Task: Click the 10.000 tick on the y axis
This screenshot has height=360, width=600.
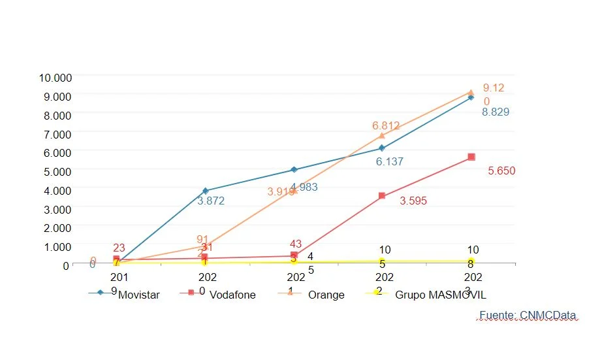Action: click(x=55, y=78)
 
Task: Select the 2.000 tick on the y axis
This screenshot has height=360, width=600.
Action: click(x=58, y=227)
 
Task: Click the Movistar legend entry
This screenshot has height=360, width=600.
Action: click(x=138, y=295)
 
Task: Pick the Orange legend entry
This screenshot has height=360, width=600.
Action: click(x=326, y=295)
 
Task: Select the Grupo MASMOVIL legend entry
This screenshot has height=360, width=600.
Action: click(x=440, y=295)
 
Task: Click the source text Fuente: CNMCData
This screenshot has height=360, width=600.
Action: click(x=528, y=316)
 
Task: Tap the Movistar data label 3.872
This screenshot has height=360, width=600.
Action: click(x=211, y=201)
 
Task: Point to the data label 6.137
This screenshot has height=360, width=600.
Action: click(x=389, y=161)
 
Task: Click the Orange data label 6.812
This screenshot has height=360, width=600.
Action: click(x=386, y=125)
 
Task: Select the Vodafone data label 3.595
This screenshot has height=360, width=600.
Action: click(x=413, y=201)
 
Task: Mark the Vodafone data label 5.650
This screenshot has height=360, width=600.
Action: click(x=502, y=171)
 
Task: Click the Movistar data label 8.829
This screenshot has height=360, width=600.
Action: click(x=496, y=112)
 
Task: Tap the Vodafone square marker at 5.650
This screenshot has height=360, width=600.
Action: click(x=471, y=157)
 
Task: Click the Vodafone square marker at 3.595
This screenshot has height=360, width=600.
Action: click(x=382, y=196)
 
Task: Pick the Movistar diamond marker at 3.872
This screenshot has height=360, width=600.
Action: click(x=206, y=191)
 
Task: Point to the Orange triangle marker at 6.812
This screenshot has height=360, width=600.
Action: click(x=382, y=135)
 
